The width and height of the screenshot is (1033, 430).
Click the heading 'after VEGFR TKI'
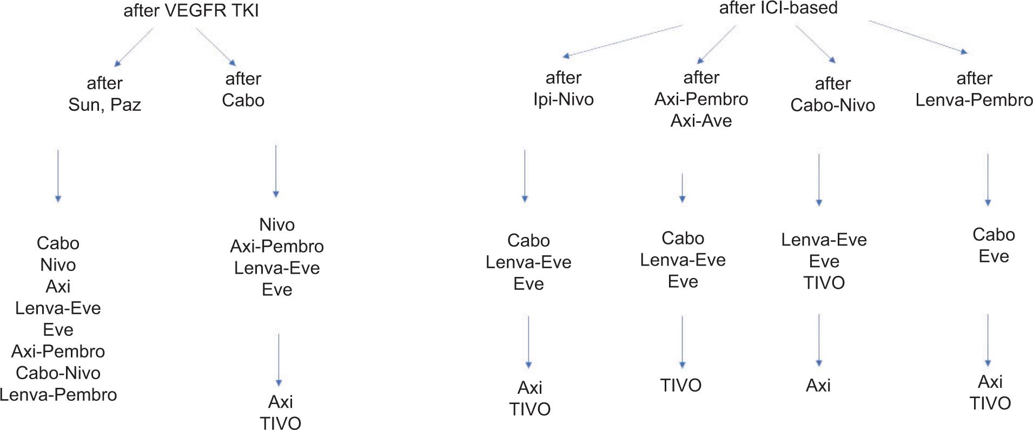(x=191, y=11)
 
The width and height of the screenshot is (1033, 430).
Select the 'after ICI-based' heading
(x=778, y=8)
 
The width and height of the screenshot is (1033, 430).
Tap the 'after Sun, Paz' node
(x=104, y=94)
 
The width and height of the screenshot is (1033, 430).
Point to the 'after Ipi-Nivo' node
(x=563, y=88)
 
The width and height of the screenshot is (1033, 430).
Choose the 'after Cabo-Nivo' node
(x=832, y=94)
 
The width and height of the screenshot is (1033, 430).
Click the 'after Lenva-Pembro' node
(x=974, y=89)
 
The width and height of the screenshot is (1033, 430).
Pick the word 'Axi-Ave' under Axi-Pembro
(x=701, y=121)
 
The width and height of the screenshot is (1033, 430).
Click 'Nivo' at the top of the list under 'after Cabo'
(x=277, y=224)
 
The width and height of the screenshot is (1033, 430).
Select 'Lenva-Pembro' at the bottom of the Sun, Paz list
(x=58, y=395)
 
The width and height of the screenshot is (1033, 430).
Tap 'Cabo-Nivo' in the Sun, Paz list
(x=58, y=373)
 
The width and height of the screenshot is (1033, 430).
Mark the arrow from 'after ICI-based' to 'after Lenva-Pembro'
(x=918, y=37)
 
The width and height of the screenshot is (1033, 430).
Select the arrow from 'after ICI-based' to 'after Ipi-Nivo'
(x=622, y=41)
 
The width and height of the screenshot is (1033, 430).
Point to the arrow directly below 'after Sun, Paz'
(x=58, y=176)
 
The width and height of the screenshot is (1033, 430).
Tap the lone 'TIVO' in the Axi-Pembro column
(x=681, y=385)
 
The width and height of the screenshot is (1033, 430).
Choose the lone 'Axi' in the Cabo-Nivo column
(x=818, y=385)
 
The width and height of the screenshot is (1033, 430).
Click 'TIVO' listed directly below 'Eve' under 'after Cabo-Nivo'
(x=824, y=283)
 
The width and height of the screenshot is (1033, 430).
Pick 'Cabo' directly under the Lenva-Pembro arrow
(x=994, y=235)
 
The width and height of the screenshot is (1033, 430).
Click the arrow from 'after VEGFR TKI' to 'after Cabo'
(x=216, y=47)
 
